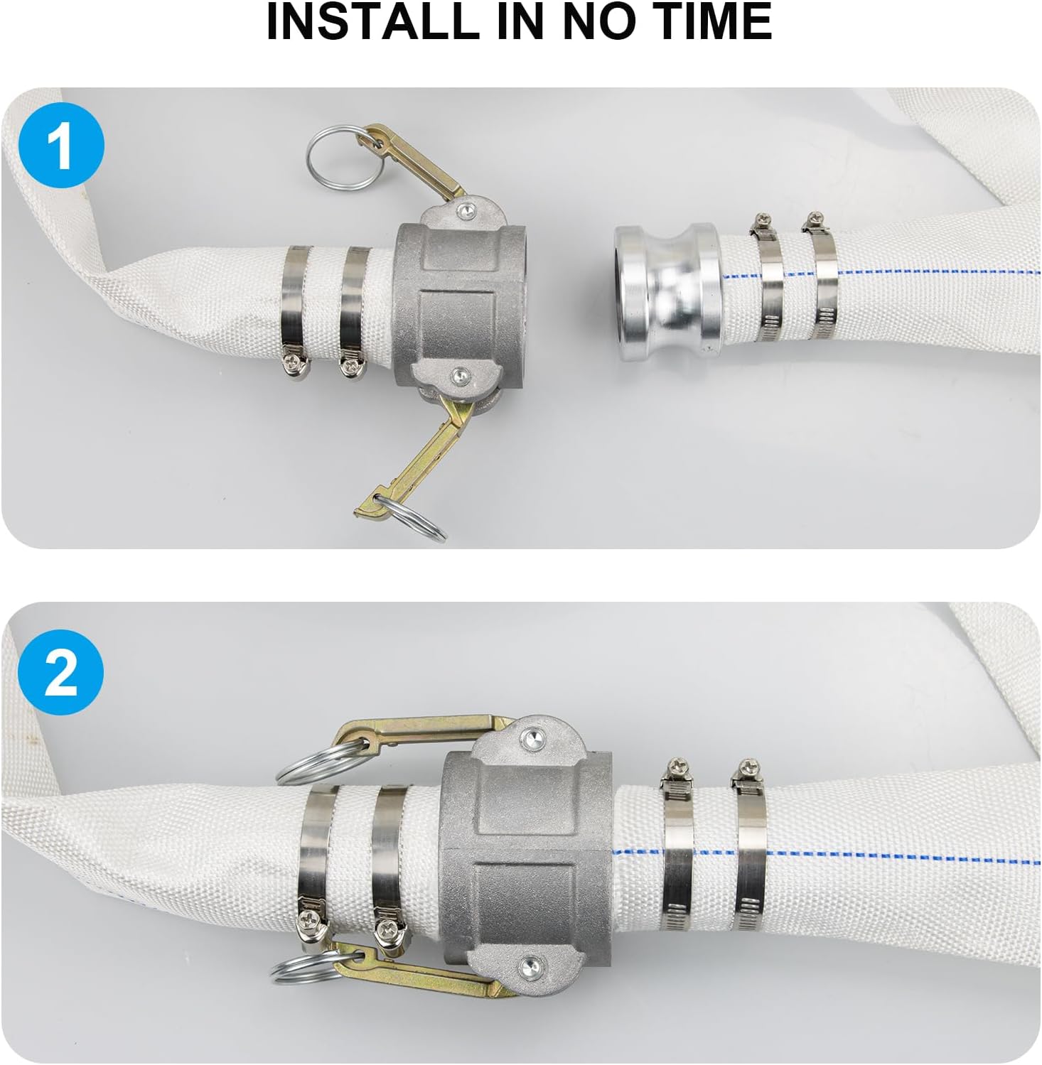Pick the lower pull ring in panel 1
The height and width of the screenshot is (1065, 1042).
pyautogui.click(x=411, y=517)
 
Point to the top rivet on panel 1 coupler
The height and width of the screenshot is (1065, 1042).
pyautogui.click(x=465, y=209)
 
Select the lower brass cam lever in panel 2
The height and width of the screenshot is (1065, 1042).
pyautogui.click(x=419, y=969)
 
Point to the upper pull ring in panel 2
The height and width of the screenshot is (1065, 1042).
pyautogui.click(x=323, y=759)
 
